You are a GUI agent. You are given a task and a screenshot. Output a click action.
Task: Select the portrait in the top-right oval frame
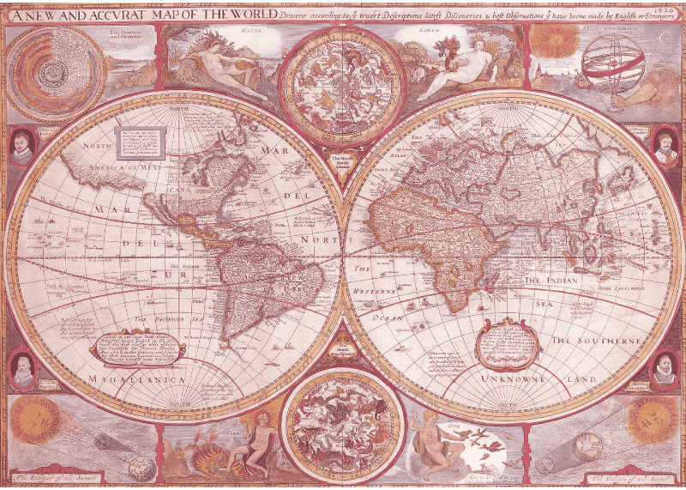pyautogui.click(x=665, y=144)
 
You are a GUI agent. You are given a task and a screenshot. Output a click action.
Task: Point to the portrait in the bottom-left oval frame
pyautogui.click(x=22, y=367)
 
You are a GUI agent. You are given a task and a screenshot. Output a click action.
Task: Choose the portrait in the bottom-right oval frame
pyautogui.click(x=664, y=367)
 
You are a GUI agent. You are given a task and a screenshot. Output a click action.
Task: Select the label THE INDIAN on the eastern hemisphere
pyautogui.click(x=553, y=281)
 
